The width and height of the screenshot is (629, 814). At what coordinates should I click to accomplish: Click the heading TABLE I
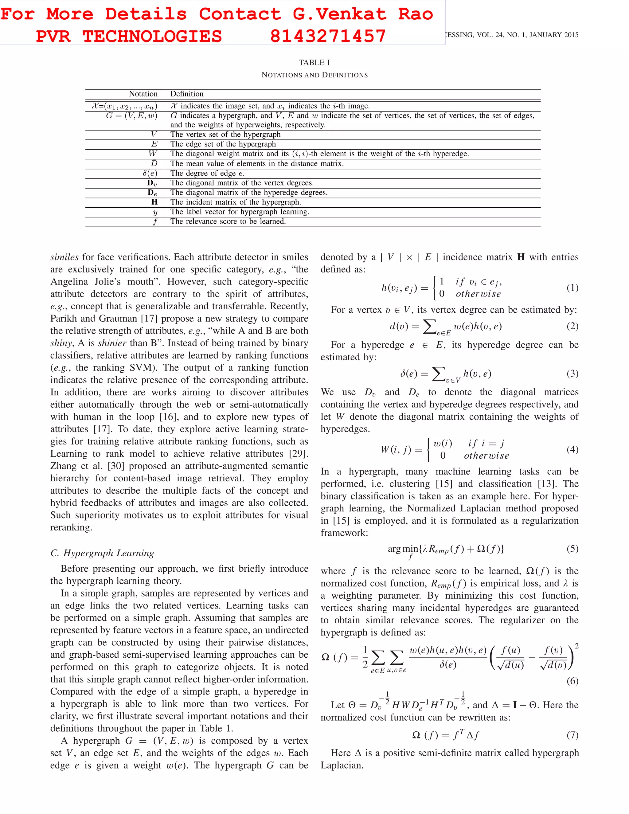[x=314, y=63]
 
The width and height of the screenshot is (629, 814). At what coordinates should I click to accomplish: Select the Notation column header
[x=143, y=94]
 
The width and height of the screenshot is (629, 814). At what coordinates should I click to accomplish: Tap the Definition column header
[x=187, y=94]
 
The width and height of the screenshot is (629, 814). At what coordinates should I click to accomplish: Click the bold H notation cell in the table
[x=154, y=202]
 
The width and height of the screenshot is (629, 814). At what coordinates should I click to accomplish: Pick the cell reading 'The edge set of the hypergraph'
[x=223, y=144]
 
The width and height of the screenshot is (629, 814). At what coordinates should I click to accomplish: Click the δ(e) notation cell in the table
[x=150, y=173]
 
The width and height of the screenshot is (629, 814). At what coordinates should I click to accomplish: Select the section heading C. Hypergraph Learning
[x=102, y=553]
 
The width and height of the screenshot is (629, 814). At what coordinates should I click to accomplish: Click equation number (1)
[x=572, y=288]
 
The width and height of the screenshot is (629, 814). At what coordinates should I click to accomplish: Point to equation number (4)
[x=572, y=449]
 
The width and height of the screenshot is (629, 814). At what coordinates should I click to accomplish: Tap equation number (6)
[x=572, y=681]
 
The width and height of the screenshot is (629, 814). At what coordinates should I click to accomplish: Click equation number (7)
[x=572, y=735]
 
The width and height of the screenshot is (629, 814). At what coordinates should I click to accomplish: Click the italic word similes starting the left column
[x=64, y=257]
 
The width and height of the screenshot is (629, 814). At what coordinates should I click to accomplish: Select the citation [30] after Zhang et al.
[x=117, y=466]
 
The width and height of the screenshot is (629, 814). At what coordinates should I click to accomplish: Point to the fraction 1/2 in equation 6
[x=365, y=657]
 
